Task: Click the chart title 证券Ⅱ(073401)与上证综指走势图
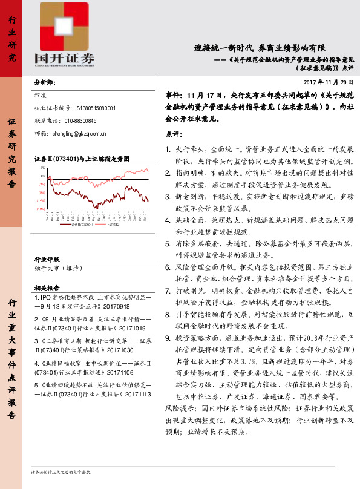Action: pos(81,159)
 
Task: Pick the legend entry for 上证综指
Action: pos(113,224)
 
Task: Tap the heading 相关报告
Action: pos(46,288)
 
